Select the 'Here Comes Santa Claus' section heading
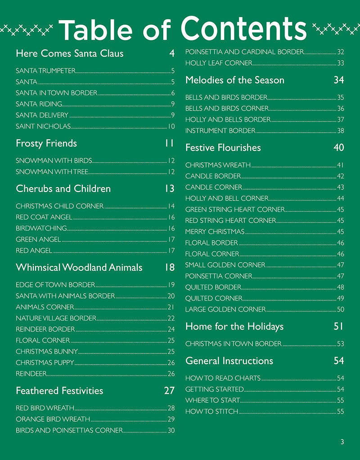coord(69,54)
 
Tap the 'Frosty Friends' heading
coord(46,143)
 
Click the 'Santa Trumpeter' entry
coord(45,71)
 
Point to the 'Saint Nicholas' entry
coord(43,126)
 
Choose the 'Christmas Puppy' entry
coord(45,362)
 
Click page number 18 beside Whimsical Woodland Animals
coord(169,268)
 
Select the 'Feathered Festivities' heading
coord(59,391)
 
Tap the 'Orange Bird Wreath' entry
coord(53,419)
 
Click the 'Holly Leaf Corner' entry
coord(219,63)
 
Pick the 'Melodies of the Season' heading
coord(235,80)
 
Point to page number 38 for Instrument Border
coord(341,131)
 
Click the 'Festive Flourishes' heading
coord(223,148)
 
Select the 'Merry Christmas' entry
coord(215,232)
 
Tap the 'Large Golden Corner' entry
coord(225,309)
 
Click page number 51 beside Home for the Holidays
coord(339,326)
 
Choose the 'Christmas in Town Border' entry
coord(233,344)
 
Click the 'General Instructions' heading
coord(229,361)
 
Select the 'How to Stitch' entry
coord(211,411)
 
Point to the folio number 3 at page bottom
coord(342,442)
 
